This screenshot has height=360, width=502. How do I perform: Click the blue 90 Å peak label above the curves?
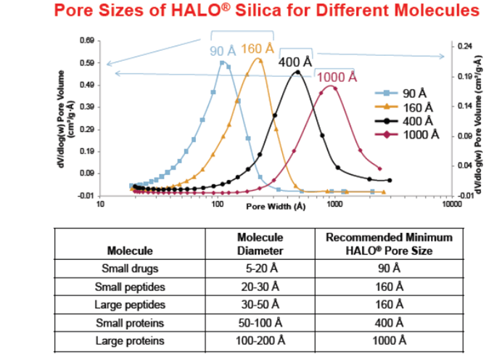tap(223, 51)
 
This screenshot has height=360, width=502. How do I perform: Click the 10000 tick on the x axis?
tap(451, 205)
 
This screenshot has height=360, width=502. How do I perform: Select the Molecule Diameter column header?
tap(260, 245)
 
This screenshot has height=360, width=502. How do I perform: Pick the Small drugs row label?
tap(129, 269)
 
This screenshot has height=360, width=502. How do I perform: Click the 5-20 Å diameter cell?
tap(260, 269)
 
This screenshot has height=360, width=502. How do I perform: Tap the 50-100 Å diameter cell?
tap(260, 323)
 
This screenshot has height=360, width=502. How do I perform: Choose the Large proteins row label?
tap(129, 341)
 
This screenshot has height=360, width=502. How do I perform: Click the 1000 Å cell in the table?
tap(389, 341)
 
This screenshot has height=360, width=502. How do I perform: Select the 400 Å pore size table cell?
tap(389, 323)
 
